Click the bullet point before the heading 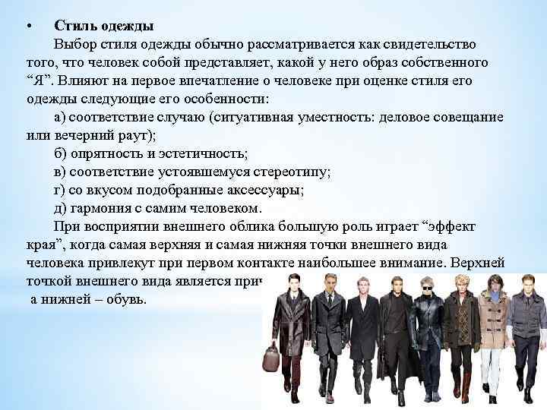27,27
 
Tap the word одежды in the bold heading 123,27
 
